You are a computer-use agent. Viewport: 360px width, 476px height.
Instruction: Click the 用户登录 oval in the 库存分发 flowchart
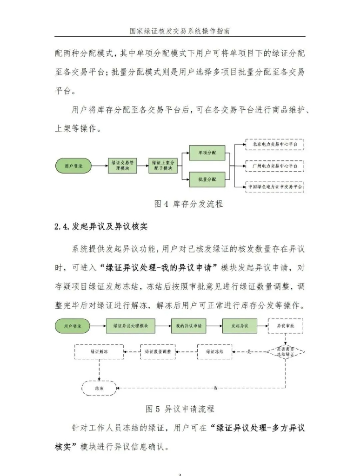pos(73,165)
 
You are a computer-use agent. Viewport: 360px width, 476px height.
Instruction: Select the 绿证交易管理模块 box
pos(123,165)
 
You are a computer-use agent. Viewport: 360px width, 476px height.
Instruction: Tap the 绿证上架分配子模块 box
pos(162,165)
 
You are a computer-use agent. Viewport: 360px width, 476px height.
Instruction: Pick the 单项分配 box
pos(206,153)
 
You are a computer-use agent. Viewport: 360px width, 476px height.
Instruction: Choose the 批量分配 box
pos(206,179)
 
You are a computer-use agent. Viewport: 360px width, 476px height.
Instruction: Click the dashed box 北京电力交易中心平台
pos(274,145)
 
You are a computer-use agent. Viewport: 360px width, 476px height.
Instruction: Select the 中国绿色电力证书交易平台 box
pos(274,187)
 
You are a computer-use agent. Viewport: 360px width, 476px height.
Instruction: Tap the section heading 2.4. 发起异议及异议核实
pos(103,227)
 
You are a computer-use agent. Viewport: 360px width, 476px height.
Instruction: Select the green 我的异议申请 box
pos(188,326)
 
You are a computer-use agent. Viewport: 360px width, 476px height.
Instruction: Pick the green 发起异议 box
pos(240,326)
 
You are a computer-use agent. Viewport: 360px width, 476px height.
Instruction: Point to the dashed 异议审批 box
pos(285,326)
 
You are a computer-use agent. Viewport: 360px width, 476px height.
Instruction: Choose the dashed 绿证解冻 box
pos(99,352)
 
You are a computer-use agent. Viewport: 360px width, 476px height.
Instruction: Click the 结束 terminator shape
pos(99,387)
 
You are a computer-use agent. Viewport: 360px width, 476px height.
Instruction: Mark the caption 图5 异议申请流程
pos(180,409)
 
